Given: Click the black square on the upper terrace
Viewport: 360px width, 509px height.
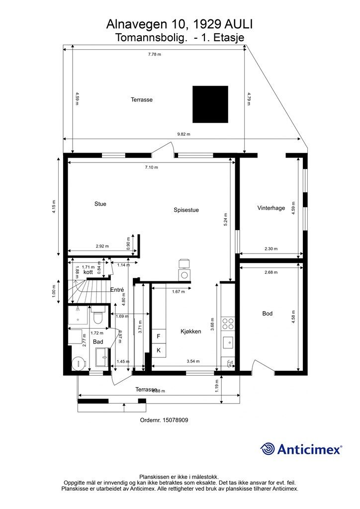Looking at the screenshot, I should [x=210, y=104].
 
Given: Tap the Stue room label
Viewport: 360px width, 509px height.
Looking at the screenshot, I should [x=100, y=204].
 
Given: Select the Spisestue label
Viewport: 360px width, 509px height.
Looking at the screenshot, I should [x=186, y=210].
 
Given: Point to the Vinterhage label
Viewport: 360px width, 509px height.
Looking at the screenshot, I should [x=271, y=208].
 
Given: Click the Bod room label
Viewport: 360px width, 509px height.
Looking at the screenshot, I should [x=268, y=314].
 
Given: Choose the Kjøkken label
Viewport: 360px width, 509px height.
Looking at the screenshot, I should [x=190, y=332].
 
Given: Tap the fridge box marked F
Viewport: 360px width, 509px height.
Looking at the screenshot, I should [x=159, y=337].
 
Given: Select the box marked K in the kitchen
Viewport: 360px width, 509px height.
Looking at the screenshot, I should [x=159, y=350].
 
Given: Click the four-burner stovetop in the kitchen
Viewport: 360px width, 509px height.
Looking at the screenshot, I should [x=228, y=324].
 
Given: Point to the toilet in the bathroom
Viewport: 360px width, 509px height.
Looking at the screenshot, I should [x=97, y=316].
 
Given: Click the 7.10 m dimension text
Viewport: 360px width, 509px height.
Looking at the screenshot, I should [x=151, y=168].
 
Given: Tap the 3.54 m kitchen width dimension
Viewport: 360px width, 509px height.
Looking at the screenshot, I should [x=193, y=361].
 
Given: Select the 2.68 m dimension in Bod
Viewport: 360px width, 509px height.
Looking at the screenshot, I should [x=271, y=272].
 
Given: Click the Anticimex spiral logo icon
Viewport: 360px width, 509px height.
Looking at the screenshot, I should [x=268, y=449].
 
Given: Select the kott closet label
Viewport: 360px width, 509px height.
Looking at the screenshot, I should [x=89, y=272].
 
